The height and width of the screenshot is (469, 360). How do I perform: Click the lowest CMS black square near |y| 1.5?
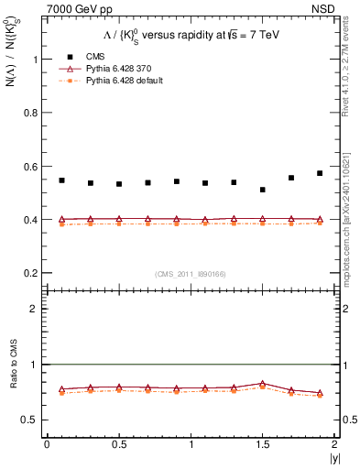(x=263, y=190)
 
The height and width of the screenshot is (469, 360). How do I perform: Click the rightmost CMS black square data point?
(x=320, y=173)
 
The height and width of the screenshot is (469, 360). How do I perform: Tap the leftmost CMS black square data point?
(x=62, y=180)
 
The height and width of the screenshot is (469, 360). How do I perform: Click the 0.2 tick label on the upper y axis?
(x=32, y=273)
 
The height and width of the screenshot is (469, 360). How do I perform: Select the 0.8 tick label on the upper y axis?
(x=32, y=113)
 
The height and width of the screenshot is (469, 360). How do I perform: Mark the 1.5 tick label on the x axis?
(x=263, y=444)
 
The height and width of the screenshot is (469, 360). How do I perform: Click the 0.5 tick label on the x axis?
(x=119, y=444)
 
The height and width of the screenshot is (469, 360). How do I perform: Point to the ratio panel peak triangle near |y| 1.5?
(x=263, y=384)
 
